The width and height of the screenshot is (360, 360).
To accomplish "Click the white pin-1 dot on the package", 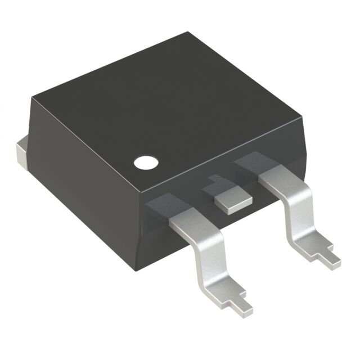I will [145, 163].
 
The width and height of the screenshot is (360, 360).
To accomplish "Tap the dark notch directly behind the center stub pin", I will [212, 183].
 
